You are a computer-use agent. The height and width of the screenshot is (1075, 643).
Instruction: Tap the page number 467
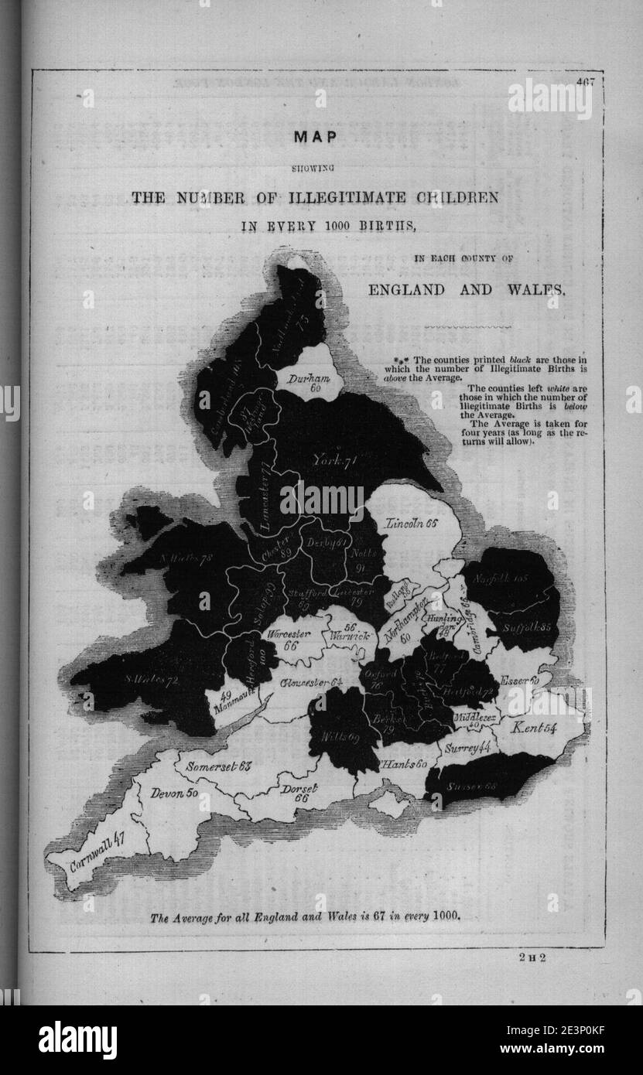(x=584, y=82)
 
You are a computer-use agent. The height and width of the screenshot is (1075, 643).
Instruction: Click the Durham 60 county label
(x=310, y=382)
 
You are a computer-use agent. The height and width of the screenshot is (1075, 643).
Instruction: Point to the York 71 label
(x=333, y=461)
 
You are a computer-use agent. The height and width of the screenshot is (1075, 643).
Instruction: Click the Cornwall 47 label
(x=97, y=850)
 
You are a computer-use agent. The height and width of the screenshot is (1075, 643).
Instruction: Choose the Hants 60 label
(x=405, y=765)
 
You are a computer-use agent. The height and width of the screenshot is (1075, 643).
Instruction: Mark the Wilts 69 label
(x=344, y=738)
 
